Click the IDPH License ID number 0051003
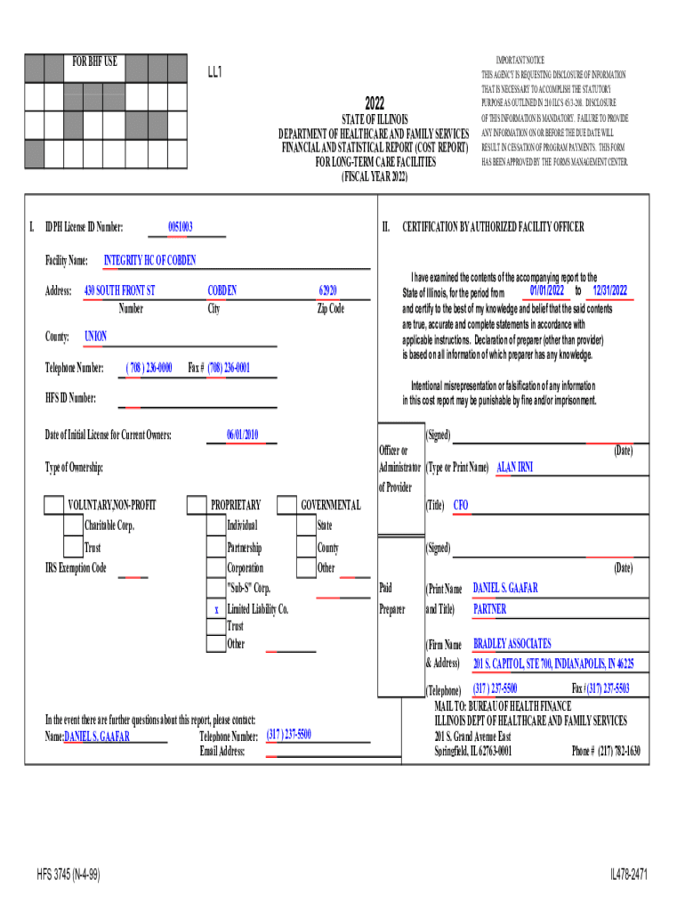pyautogui.click(x=180, y=228)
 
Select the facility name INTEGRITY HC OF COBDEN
pyautogui.click(x=149, y=261)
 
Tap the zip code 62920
pyautogui.click(x=328, y=291)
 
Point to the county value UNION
pyautogui.click(x=95, y=337)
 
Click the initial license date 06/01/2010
pyautogui.click(x=242, y=435)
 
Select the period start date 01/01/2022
pyautogui.click(x=546, y=291)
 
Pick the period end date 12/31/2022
pyautogui.click(x=609, y=291)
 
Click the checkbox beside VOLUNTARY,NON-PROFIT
pyautogui.click(x=53, y=506)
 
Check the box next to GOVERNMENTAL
pyautogui.click(x=286, y=506)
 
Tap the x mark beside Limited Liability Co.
pyautogui.click(x=216, y=609)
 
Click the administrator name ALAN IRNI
pyautogui.click(x=514, y=467)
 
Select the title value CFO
pyautogui.click(x=461, y=506)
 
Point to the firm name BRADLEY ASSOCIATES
pyautogui.click(x=512, y=644)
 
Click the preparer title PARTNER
pyautogui.click(x=489, y=609)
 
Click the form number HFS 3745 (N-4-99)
pyautogui.click(x=70, y=875)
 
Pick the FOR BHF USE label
pyautogui.click(x=94, y=61)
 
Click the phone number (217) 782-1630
pyautogui.click(x=606, y=751)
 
